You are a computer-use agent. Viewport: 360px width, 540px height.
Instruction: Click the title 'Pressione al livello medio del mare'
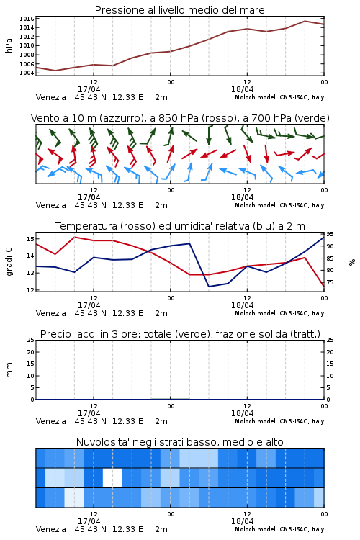tap(179, 10)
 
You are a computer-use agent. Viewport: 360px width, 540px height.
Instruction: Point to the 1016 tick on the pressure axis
tap(27, 19)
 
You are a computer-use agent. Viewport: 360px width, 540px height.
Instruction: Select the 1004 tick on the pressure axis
tap(27, 73)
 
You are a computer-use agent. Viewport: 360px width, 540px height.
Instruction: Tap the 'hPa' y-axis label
tap(9, 45)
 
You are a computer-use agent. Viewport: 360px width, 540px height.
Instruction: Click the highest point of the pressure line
tap(305, 21)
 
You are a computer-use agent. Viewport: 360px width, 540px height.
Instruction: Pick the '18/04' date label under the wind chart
tap(242, 197)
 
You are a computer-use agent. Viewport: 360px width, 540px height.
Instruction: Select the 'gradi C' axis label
tap(9, 262)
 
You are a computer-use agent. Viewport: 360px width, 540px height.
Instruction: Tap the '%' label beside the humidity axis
tap(352, 262)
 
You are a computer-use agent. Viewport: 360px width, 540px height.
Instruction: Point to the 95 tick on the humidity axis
tap(330, 234)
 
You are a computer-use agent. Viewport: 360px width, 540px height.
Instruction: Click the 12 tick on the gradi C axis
tap(30, 290)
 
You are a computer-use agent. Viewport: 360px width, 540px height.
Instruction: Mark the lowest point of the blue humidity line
tap(209, 287)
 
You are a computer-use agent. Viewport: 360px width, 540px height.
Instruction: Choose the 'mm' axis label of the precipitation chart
tap(9, 370)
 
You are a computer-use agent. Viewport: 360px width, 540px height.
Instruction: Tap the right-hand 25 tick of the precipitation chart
tap(330, 340)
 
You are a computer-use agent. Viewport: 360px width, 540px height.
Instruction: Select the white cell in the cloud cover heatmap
tap(112, 477)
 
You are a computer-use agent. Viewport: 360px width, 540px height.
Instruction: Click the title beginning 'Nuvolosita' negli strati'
tap(179, 442)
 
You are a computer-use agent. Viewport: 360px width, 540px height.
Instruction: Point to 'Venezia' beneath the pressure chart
tap(50, 97)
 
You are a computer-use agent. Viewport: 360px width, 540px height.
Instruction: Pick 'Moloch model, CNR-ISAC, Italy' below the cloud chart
tap(279, 529)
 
